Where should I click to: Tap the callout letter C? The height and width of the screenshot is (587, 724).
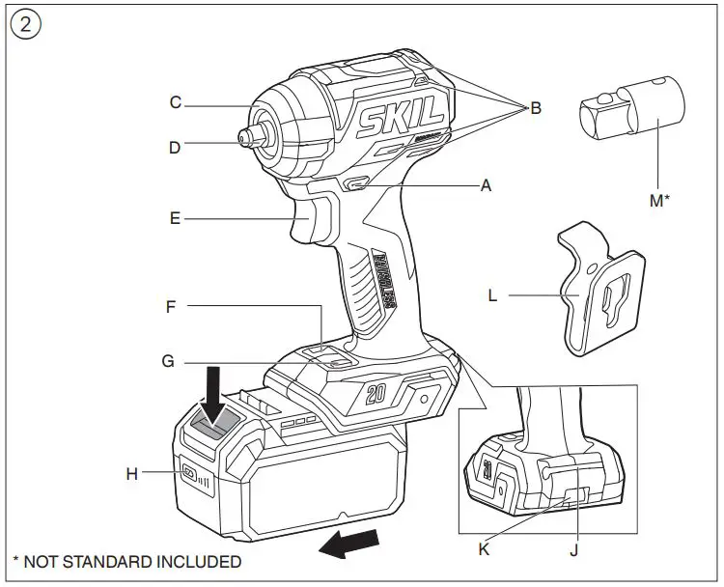tap(176, 102)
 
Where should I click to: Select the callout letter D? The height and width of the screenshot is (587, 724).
tap(176, 148)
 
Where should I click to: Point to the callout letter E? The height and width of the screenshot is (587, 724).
tap(176, 219)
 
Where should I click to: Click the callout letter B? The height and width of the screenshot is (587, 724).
tap(536, 108)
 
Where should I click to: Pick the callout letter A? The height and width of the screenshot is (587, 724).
tap(486, 185)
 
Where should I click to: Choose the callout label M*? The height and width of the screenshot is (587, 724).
tap(658, 200)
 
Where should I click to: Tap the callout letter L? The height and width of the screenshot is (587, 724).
tap(493, 295)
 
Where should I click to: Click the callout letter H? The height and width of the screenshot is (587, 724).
tap(132, 473)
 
